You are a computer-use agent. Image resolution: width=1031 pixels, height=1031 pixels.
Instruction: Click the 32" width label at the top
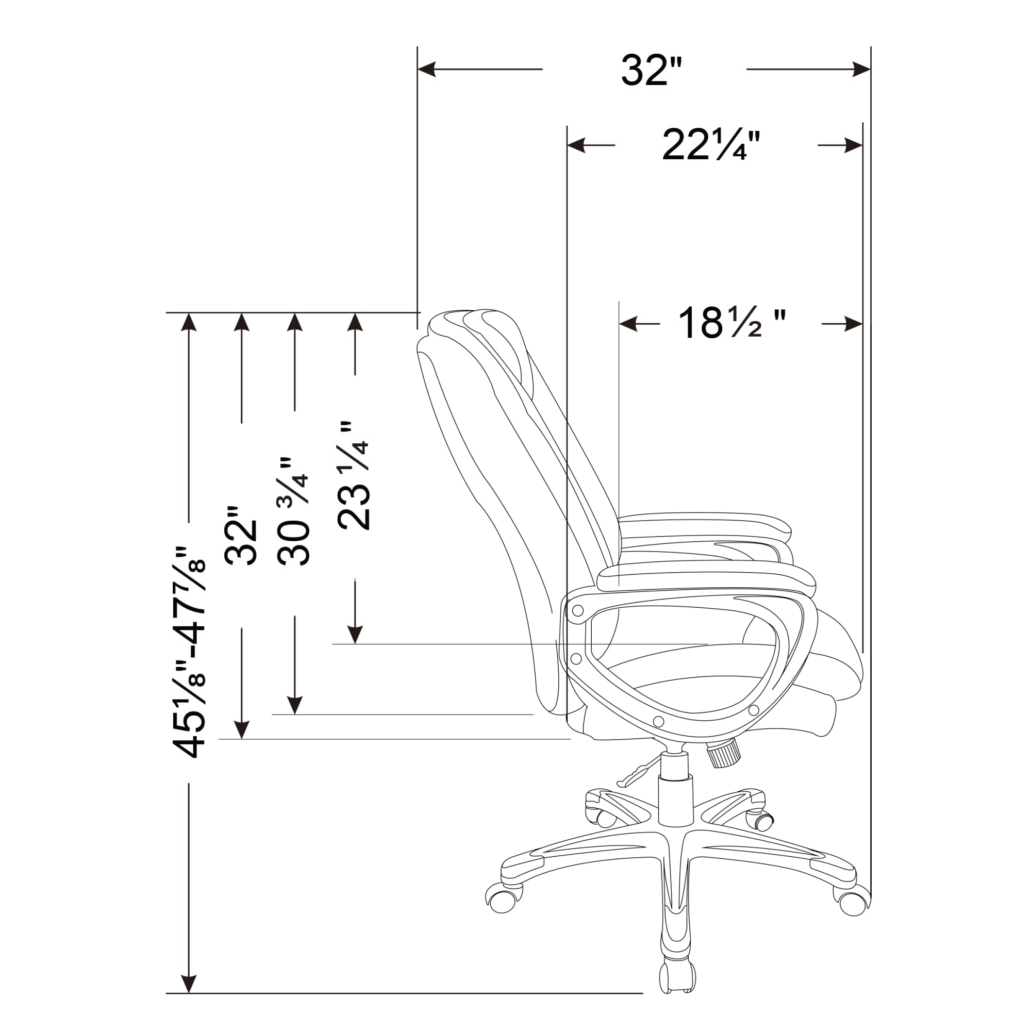point(652,71)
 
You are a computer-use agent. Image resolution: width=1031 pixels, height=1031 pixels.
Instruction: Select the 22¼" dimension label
point(711,145)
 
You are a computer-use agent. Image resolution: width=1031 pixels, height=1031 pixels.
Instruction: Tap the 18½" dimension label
point(731,322)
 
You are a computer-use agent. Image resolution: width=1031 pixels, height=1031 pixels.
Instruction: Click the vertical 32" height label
point(242,535)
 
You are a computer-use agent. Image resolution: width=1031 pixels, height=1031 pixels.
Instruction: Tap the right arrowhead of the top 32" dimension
point(861,70)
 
